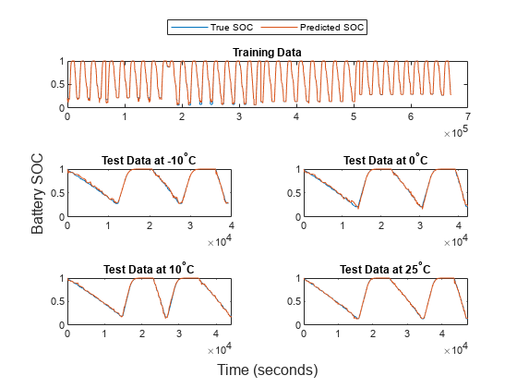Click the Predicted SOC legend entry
pyautogui.click(x=334, y=28)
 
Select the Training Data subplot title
pyautogui.click(x=266, y=52)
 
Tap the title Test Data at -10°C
pyautogui.click(x=149, y=160)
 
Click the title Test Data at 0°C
pyautogui.click(x=385, y=160)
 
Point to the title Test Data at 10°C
pyautogui.click(x=149, y=269)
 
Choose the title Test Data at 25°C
pyautogui.click(x=385, y=269)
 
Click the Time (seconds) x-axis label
pyautogui.click(x=267, y=370)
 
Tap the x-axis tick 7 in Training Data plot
pyautogui.click(x=467, y=117)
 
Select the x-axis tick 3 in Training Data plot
pyautogui.click(x=238, y=117)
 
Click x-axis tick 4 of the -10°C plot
pyautogui.click(x=231, y=225)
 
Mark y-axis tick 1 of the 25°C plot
pyautogui.click(x=297, y=278)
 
